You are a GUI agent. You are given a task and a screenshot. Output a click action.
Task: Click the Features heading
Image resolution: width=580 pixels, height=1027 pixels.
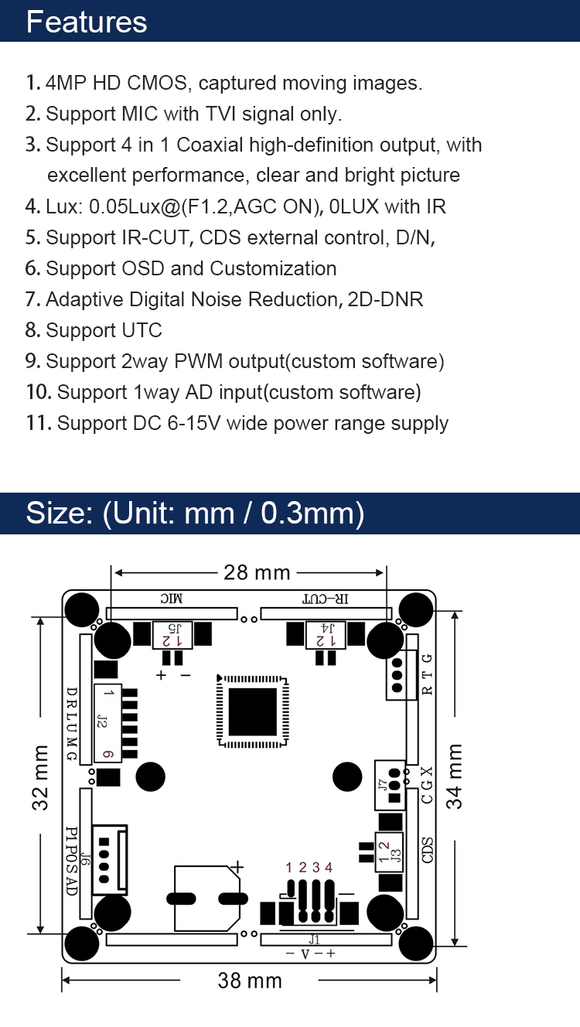point(87,22)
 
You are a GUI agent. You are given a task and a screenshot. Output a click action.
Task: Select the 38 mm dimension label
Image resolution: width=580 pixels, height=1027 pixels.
point(250,981)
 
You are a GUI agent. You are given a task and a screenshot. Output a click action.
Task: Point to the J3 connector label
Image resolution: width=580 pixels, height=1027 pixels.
point(396,856)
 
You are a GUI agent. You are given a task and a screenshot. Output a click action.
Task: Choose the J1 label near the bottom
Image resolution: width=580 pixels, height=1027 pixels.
point(314,940)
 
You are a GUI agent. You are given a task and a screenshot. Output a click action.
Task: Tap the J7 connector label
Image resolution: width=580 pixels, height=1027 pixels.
point(383,785)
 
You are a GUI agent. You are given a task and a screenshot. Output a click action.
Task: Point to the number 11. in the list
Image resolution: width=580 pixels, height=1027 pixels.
point(38,423)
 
